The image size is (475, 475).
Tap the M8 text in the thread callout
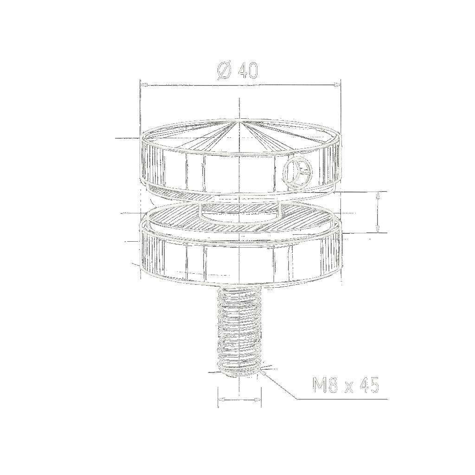[325, 385]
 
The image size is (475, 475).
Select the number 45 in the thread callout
[369, 385]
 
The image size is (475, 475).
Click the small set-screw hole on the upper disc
[297, 172]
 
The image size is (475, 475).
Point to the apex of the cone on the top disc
[239, 120]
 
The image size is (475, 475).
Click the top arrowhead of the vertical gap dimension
[378, 195]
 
